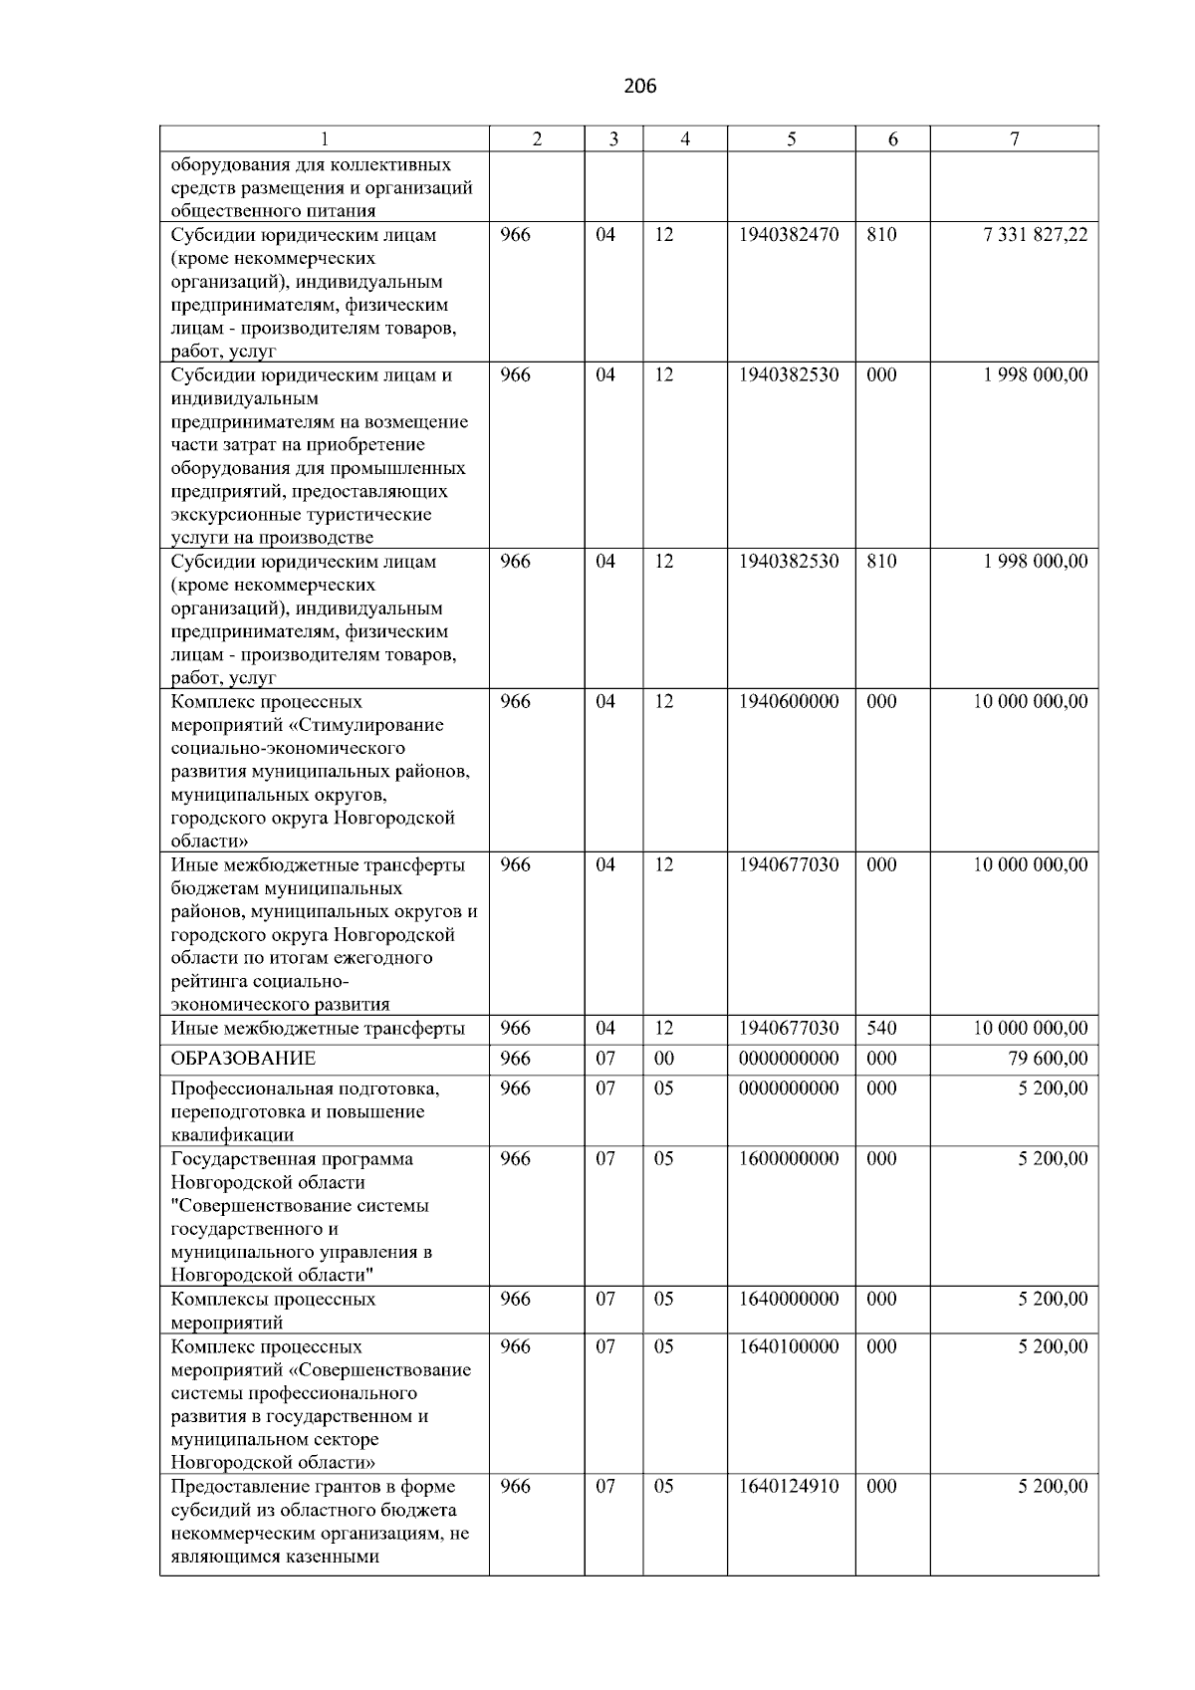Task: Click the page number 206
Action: click(639, 87)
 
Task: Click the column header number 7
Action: click(1014, 140)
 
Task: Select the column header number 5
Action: click(791, 140)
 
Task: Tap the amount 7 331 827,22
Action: click(1035, 235)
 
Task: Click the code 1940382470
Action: click(789, 235)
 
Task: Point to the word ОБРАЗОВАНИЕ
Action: click(243, 1059)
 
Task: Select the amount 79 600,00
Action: click(1048, 1059)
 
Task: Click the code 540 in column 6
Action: click(881, 1029)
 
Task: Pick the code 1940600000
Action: click(789, 702)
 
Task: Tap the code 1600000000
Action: click(789, 1159)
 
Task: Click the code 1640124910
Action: click(789, 1487)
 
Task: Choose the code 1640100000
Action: click(789, 1346)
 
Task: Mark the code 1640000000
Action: click(789, 1300)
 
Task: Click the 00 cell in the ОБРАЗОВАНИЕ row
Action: click(663, 1059)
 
